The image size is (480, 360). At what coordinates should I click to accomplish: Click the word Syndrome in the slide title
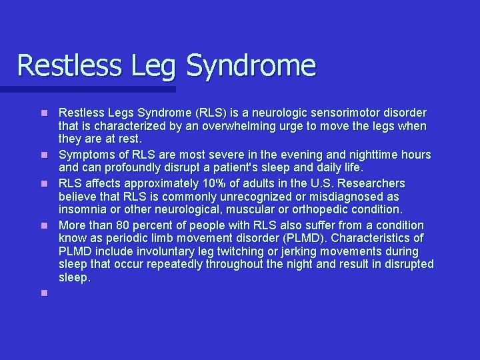coord(251,66)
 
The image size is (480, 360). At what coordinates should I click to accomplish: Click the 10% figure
coord(205,183)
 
